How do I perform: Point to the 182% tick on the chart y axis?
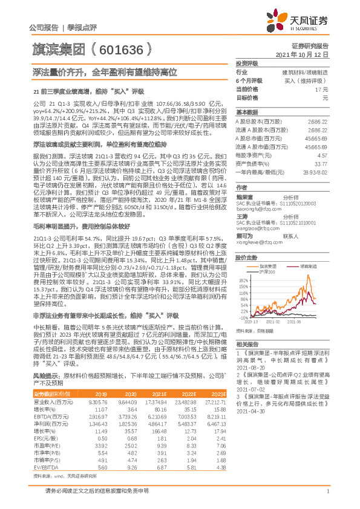(244, 280)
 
